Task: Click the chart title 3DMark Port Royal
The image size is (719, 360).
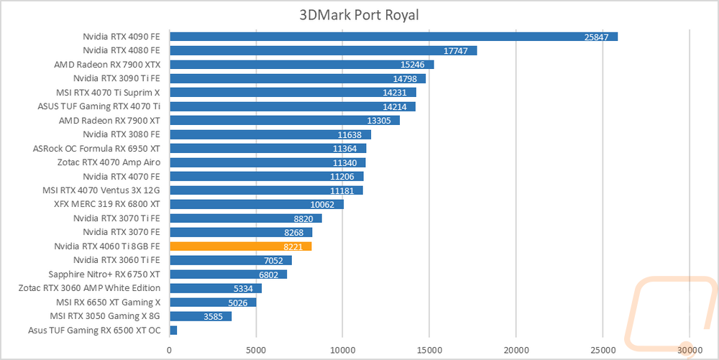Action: (x=359, y=14)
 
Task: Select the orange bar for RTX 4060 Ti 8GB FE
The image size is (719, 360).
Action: (x=241, y=246)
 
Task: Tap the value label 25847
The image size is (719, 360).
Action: (x=596, y=37)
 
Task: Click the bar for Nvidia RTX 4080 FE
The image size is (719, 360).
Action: (x=324, y=50)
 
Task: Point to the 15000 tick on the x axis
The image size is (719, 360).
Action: (x=429, y=351)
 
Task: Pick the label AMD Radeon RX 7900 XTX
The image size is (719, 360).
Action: (x=107, y=65)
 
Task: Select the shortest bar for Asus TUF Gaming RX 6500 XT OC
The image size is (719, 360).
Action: (x=173, y=331)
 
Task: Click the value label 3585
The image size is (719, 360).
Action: (x=214, y=316)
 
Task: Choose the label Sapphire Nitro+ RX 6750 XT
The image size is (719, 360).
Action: (x=104, y=274)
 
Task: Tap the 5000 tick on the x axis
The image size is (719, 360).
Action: (x=257, y=351)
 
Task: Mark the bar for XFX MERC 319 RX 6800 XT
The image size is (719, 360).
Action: (x=257, y=204)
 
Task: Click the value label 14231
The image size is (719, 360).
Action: (x=394, y=93)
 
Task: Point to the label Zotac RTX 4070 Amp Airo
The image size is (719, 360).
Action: (x=109, y=162)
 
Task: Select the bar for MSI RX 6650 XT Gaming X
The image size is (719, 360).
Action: (x=214, y=303)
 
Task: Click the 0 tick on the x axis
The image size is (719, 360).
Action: (x=170, y=351)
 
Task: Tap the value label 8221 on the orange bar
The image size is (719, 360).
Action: (x=293, y=247)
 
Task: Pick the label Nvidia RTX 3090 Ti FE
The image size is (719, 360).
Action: (x=117, y=78)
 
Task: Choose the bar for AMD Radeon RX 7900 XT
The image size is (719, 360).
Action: (x=285, y=121)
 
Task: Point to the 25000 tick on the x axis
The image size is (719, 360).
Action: (x=603, y=351)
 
